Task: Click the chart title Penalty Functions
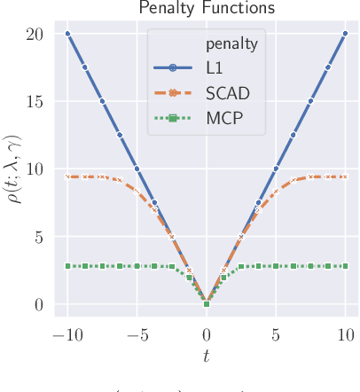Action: click(207, 8)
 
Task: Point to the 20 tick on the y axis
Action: click(35, 34)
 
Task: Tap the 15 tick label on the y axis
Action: click(35, 101)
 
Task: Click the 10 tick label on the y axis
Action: click(35, 169)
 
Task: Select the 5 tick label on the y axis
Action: click(39, 236)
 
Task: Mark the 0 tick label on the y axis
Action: click(39, 304)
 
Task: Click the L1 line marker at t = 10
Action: click(345, 34)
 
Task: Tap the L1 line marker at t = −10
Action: click(67, 34)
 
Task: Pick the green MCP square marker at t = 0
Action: click(207, 304)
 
